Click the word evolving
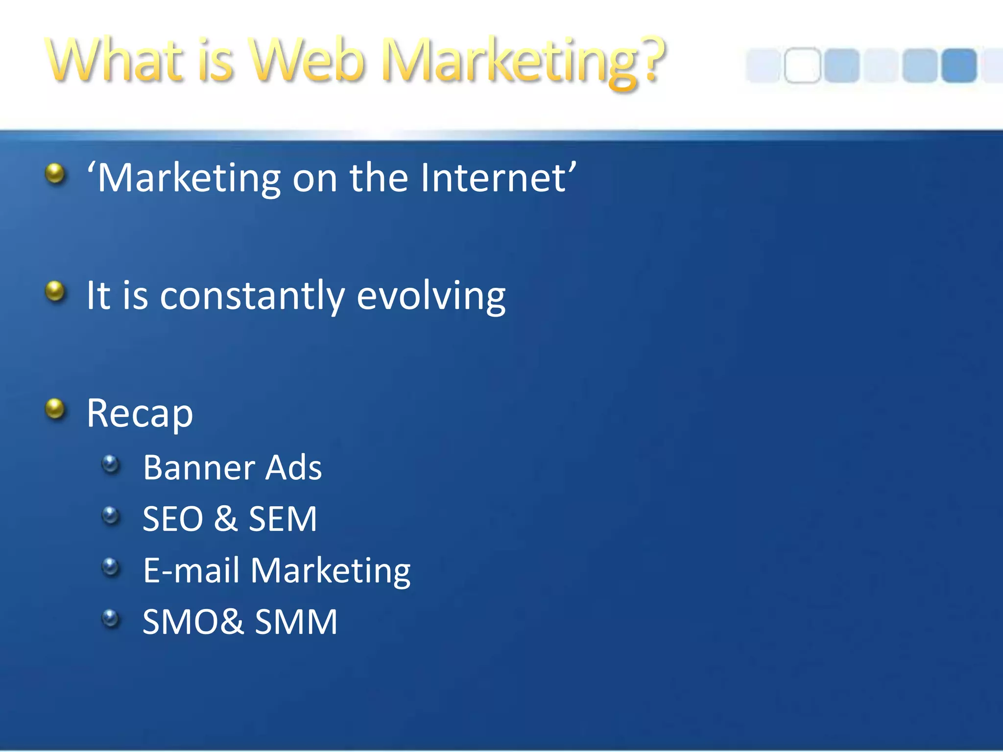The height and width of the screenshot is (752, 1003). [x=431, y=296]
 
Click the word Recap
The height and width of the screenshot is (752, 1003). [x=140, y=414]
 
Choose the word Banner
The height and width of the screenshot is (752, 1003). [x=199, y=468]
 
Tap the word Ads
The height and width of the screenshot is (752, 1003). [x=293, y=468]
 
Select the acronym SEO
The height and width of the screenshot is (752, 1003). [x=172, y=519]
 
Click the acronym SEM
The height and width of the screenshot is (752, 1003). [x=283, y=519]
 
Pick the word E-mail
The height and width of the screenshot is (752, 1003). [x=191, y=571]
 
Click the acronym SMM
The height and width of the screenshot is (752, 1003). [x=296, y=622]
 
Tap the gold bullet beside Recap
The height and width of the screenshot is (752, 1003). [x=55, y=409]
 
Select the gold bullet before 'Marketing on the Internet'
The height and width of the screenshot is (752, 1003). [x=55, y=174]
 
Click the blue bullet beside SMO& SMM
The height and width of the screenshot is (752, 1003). [x=111, y=618]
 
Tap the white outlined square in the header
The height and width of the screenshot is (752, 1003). [x=802, y=65]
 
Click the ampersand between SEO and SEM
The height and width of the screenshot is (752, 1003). [x=226, y=519]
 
